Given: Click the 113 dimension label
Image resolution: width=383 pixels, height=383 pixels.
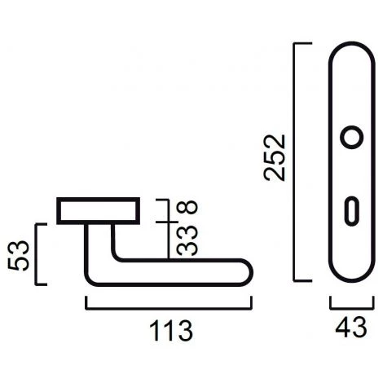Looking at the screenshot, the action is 171,330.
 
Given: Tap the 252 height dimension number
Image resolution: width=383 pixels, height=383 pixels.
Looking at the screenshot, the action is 275,157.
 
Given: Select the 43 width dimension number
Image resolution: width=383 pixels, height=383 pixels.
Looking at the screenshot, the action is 351,328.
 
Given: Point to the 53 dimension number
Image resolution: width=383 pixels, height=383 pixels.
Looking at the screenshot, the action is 19,255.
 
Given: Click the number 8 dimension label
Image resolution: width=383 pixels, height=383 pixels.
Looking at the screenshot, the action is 187,207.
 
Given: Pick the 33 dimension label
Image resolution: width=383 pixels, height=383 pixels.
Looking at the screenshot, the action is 187,241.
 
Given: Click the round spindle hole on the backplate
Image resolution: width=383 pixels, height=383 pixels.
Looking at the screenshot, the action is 352,137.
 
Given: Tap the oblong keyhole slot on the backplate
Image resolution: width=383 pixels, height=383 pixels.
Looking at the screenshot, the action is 352,211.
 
